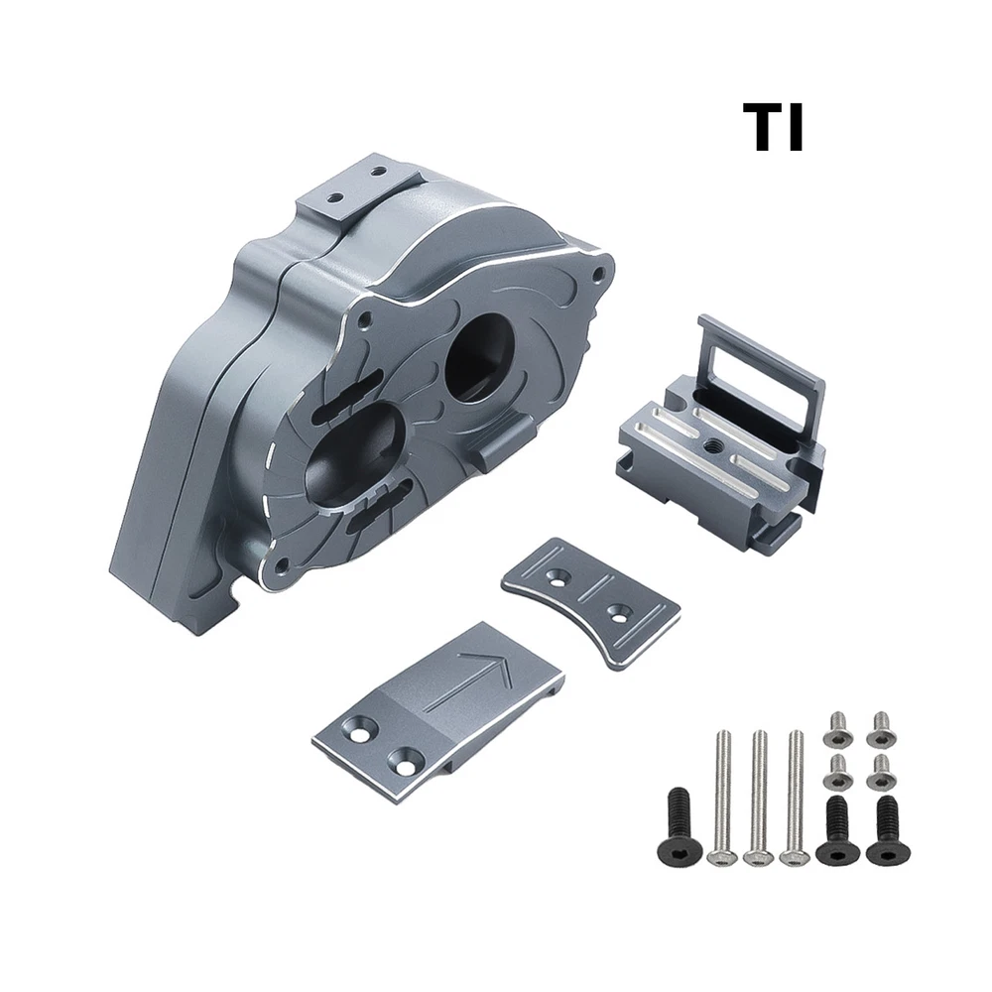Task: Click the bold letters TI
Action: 773,128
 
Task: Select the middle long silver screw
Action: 758,797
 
